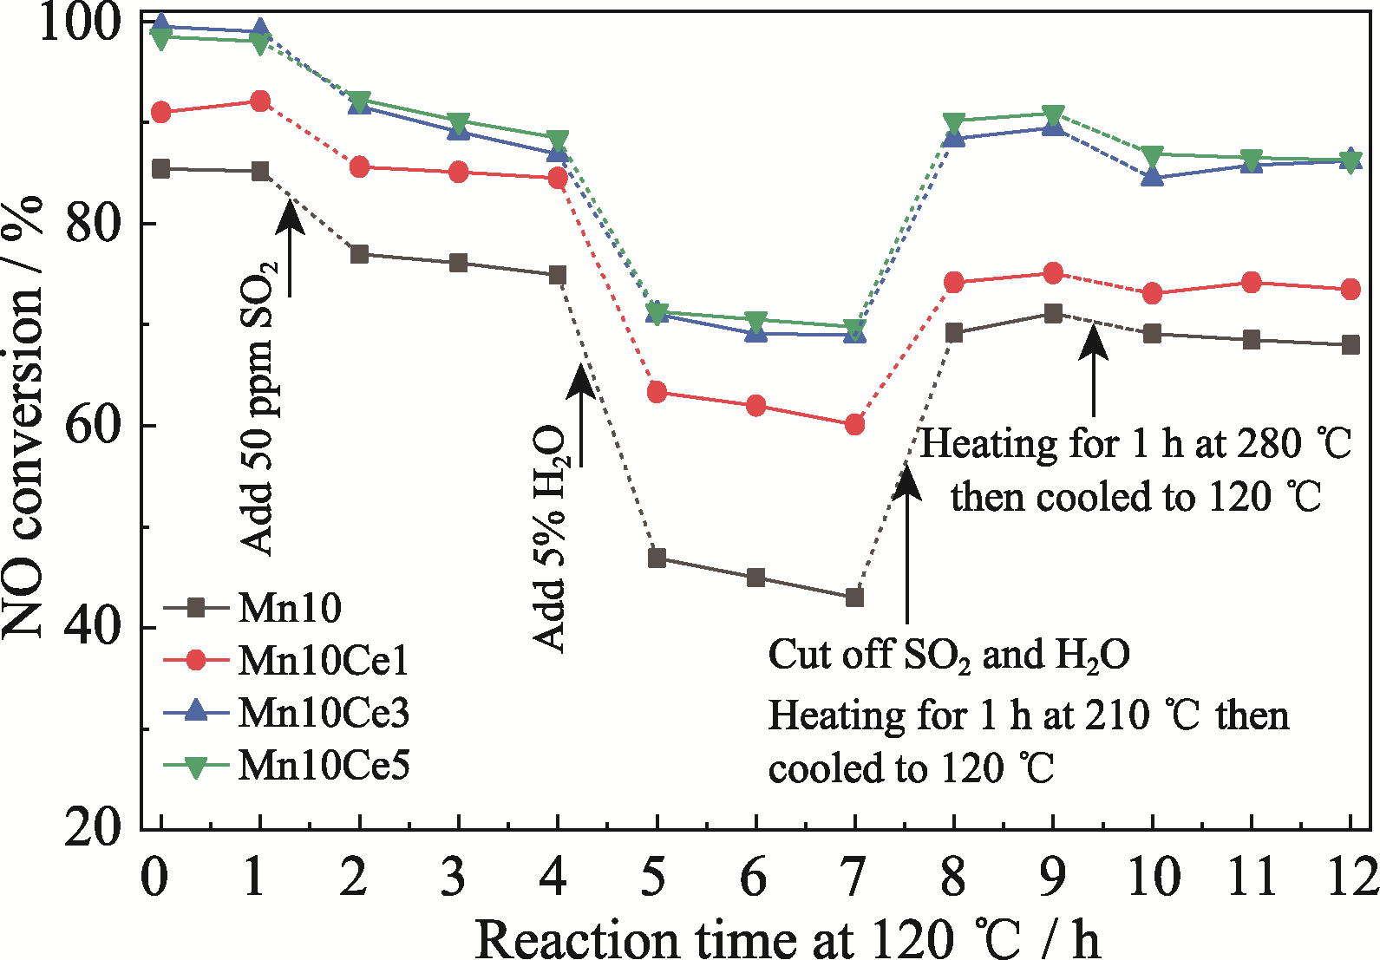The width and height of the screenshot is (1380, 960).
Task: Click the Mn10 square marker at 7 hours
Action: pyautogui.click(x=854, y=598)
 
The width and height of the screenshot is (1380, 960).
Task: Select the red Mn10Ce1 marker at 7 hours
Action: pyautogui.click(x=854, y=425)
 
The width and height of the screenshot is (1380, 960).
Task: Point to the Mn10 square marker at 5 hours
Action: pyautogui.click(x=657, y=558)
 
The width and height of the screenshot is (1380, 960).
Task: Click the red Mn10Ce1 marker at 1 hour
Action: pyautogui.click(x=260, y=101)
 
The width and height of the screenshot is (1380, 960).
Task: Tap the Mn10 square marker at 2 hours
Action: pyautogui.click(x=360, y=254)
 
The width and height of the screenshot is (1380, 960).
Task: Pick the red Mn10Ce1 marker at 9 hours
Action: pyautogui.click(x=1053, y=273)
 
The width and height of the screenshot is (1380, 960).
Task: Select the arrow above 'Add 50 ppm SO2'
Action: pyautogui.click(x=290, y=243)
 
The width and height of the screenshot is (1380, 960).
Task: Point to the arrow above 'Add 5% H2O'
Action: pyautogui.click(x=580, y=416)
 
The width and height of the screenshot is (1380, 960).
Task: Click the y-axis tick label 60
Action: pyautogui.click(x=94, y=426)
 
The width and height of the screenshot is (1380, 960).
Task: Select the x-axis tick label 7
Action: pyautogui.click(x=854, y=878)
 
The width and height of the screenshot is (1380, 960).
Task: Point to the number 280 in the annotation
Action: pyautogui.click(x=1269, y=444)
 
